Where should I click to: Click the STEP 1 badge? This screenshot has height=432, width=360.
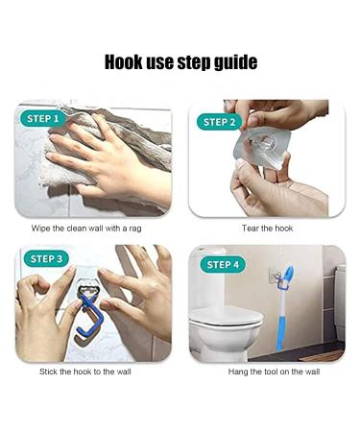[42, 119]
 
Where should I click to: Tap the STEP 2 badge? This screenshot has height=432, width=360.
[219, 122]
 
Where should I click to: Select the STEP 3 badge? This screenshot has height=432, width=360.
[46, 258]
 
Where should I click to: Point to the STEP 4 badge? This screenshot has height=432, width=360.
[223, 265]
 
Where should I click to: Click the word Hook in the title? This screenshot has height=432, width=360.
[124, 61]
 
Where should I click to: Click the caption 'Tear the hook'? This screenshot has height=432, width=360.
[267, 228]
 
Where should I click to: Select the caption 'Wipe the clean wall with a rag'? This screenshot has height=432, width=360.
[86, 228]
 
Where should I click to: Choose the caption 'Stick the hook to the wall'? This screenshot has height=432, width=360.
[85, 372]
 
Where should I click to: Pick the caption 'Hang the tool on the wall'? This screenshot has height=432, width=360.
[274, 372]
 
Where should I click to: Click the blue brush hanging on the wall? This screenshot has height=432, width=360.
[284, 307]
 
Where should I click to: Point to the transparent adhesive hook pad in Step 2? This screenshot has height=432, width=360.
[262, 147]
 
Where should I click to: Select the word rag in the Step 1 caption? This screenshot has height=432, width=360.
[135, 229]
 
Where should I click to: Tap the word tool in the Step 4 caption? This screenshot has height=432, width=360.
[272, 372]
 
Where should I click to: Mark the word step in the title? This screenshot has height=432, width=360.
[195, 62]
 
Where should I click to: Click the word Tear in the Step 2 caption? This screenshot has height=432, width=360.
[250, 228]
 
